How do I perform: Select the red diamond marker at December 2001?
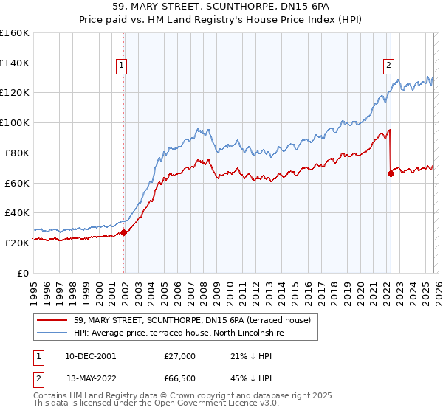124,232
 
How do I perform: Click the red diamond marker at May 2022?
391,173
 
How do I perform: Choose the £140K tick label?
16,63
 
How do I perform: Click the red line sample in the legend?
52,320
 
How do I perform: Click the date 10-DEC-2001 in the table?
90,355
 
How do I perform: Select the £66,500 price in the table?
179,379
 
